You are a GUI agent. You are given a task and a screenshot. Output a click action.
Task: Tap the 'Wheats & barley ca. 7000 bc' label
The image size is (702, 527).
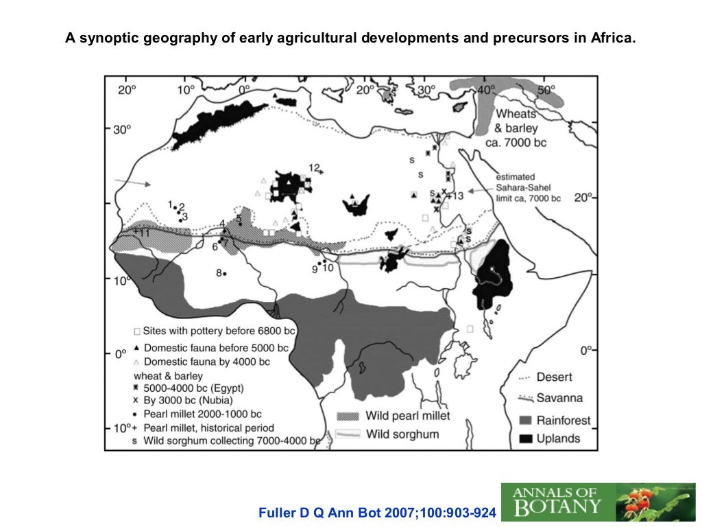(518, 128)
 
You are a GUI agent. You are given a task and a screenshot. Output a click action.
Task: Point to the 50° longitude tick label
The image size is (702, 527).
(546, 90)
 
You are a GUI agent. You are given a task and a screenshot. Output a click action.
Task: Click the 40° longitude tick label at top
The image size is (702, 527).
(486, 90)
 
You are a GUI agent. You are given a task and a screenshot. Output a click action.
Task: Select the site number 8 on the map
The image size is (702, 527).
(219, 272)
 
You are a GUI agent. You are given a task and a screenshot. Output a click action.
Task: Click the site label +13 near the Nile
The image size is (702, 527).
(455, 196)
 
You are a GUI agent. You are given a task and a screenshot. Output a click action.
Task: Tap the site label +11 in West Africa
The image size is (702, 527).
(141, 232)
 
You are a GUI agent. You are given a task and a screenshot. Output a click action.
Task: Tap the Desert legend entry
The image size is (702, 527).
(546, 377)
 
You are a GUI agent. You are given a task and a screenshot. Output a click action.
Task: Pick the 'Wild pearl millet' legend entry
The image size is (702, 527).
(394, 415)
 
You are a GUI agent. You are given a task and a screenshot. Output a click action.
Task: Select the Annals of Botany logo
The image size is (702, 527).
(597, 502)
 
